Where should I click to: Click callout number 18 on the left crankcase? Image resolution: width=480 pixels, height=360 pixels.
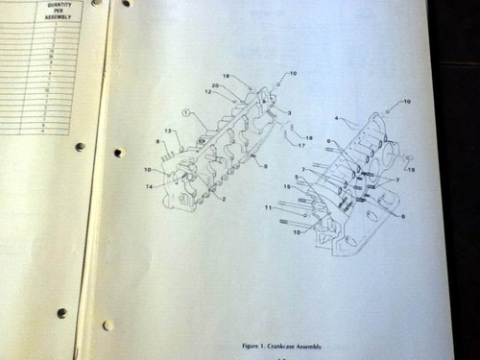pyautogui.click(x=226, y=75)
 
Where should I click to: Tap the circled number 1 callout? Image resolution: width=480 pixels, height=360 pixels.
pyautogui.click(x=188, y=112)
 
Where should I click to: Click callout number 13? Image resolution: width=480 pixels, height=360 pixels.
pyautogui.click(x=168, y=131)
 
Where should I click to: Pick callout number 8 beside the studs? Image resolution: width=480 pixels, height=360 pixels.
pyautogui.click(x=157, y=142)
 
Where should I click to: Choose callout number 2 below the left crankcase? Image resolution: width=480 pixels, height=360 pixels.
pyautogui.click(x=223, y=199)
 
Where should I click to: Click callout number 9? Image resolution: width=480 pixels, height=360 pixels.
pyautogui.click(x=265, y=166)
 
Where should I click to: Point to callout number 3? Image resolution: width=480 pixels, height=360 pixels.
pyautogui.click(x=289, y=112)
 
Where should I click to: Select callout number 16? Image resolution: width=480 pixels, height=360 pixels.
pyautogui.click(x=309, y=137)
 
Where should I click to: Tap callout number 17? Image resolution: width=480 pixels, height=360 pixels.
pyautogui.click(x=301, y=146)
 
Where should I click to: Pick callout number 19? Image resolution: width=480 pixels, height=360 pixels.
pyautogui.click(x=412, y=170)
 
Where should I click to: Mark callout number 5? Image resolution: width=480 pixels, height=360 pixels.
pyautogui.click(x=297, y=177)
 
